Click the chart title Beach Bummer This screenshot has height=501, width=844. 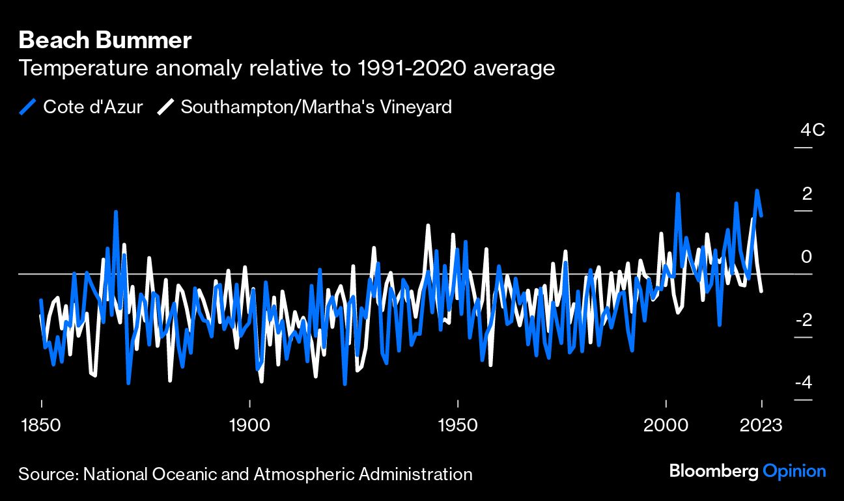(105, 40)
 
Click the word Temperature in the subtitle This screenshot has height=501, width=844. (83, 68)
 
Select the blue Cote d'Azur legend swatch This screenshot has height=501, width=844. (27, 107)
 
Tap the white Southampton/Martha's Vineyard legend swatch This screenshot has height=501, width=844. (165, 107)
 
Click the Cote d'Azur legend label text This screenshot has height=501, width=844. (93, 107)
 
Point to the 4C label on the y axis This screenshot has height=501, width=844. (813, 130)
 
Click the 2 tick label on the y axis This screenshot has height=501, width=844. (807, 194)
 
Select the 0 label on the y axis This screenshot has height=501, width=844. (806, 257)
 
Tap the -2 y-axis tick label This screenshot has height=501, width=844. (804, 320)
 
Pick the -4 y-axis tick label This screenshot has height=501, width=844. (804, 383)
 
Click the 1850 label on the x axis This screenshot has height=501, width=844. (41, 426)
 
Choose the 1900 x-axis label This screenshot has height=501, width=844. (249, 426)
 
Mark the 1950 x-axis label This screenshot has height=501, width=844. (458, 426)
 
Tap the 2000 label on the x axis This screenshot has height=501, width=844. (666, 426)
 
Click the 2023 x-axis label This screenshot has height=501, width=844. (761, 426)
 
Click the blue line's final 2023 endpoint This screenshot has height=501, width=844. (761, 215)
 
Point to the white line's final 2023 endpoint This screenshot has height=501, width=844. (761, 291)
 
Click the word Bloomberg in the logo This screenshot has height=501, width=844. (714, 472)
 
